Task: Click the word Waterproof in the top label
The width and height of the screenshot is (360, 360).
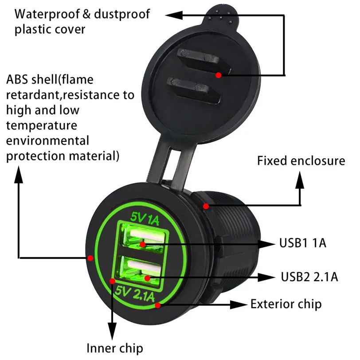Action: [x=47, y=14]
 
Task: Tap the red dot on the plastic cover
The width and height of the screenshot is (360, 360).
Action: [x=219, y=75]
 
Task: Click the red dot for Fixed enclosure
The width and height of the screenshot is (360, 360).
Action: [x=206, y=206]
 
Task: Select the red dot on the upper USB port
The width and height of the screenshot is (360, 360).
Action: [x=143, y=244]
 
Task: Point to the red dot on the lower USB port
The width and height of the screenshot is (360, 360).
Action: [x=147, y=278]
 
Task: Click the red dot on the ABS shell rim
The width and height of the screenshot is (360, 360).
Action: [x=90, y=258]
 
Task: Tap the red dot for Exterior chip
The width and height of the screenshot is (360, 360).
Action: [x=158, y=305]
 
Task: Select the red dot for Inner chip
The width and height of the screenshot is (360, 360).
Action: [x=112, y=281]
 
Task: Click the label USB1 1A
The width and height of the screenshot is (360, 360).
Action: [x=303, y=243]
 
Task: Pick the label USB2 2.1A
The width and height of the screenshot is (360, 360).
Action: [x=309, y=277]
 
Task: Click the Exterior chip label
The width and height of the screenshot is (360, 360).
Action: [x=286, y=305]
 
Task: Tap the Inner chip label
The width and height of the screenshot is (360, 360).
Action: [x=115, y=348]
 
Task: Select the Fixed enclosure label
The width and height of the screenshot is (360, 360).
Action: [x=301, y=160]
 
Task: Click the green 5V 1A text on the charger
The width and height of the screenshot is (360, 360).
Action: [x=145, y=219]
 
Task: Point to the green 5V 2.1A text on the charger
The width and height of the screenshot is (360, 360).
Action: [x=135, y=293]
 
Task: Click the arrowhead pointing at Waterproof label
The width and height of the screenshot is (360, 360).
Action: [x=174, y=15]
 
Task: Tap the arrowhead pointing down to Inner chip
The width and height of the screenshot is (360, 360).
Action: [x=112, y=331]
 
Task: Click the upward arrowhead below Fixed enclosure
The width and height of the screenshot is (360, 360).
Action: [x=300, y=180]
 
